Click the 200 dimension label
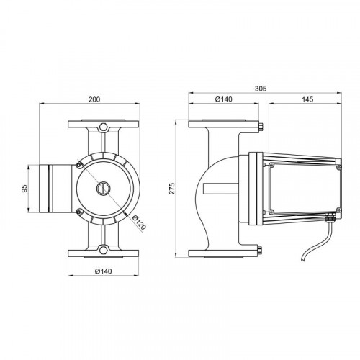click(94, 99)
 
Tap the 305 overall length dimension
click(261, 89)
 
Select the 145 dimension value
click(307, 99)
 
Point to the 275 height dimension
click(172, 189)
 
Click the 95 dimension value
click(24, 189)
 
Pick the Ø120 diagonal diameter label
click(139, 222)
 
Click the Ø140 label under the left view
click(104, 271)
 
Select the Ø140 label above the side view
click(224, 99)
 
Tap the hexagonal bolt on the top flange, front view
click(103, 127)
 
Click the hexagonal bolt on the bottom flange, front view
click(103, 249)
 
